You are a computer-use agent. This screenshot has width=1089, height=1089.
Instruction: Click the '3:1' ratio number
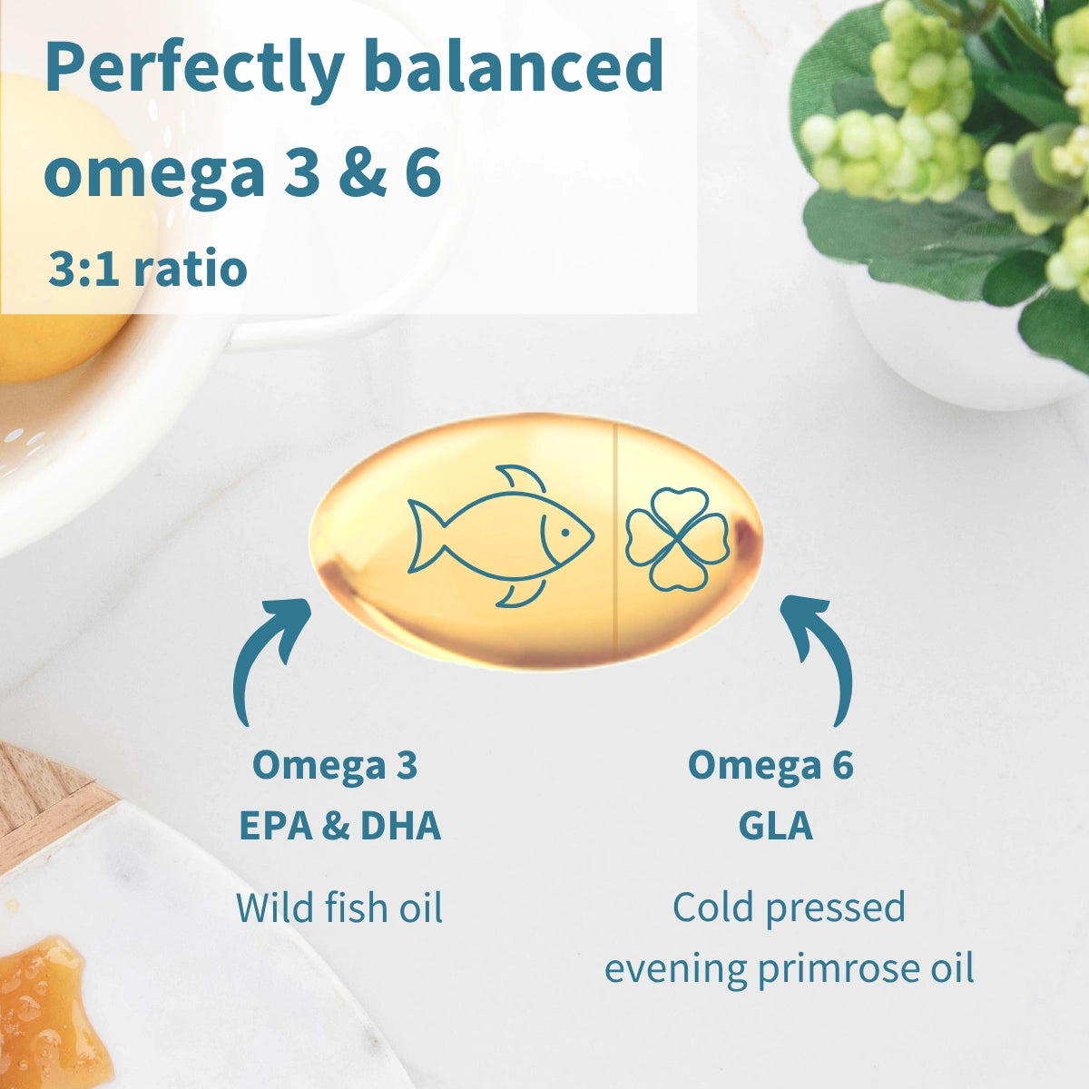click(x=83, y=270)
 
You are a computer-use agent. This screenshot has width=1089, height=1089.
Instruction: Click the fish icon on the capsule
click(x=499, y=535)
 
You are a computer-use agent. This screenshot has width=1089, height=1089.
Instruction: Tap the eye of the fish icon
click(x=564, y=532)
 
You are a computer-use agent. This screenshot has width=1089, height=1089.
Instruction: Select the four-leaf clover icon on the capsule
click(x=677, y=539)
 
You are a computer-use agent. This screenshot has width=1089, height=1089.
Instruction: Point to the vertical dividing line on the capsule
click(x=616, y=540)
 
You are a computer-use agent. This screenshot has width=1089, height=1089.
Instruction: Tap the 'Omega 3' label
click(x=335, y=765)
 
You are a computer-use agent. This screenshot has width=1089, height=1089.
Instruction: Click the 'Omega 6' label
click(x=770, y=765)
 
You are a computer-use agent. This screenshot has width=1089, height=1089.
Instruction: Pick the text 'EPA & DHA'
click(x=339, y=826)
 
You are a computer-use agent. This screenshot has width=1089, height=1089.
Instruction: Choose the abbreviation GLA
click(x=775, y=826)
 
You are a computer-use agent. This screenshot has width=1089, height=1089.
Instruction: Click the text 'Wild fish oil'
click(x=339, y=907)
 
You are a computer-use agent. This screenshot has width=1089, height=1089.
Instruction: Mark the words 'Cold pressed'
click(x=789, y=907)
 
